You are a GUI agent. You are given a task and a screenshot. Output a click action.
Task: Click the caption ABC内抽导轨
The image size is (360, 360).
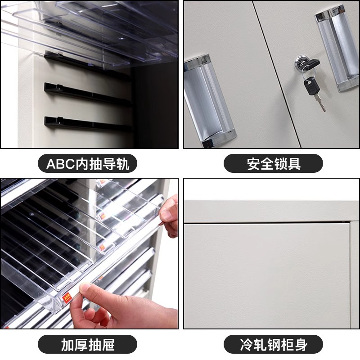click(x=87, y=164)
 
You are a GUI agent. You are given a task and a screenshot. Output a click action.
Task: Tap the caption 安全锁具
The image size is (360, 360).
click(x=274, y=164)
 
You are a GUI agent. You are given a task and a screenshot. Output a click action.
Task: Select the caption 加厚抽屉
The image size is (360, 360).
click(x=87, y=344)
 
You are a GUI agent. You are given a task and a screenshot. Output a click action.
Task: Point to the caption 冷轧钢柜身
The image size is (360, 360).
click(x=274, y=344)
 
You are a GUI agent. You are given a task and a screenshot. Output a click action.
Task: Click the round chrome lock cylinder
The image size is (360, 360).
click(x=301, y=62)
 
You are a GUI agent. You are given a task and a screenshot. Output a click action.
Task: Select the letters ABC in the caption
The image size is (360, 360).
click(x=61, y=164)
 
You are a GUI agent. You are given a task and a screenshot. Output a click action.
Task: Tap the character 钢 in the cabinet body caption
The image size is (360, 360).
click(x=274, y=344)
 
